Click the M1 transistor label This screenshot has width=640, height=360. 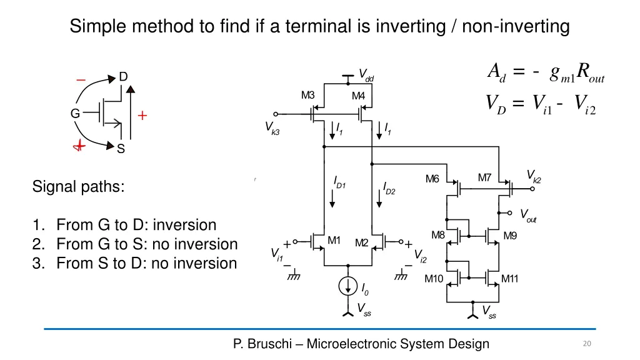click(x=334, y=241)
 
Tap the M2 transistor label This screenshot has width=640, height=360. click(x=362, y=243)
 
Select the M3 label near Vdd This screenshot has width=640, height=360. click(x=307, y=95)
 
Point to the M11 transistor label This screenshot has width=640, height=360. click(x=510, y=279)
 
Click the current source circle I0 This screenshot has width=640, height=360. click(x=347, y=286)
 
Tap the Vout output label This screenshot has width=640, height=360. click(x=528, y=215)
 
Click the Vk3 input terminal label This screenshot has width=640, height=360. click(x=272, y=128)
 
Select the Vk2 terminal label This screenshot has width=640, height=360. click(x=534, y=176)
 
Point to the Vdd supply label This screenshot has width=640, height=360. click(x=366, y=75)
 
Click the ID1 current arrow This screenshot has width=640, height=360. click(x=332, y=198)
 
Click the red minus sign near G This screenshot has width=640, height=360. click(x=81, y=80)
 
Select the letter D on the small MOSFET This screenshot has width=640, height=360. click(x=123, y=77)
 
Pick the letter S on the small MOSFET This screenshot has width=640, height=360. click(x=121, y=149)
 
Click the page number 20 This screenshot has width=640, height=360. click(x=587, y=344)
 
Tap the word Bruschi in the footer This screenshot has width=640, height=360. click(x=269, y=344)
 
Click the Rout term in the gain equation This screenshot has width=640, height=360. click(x=591, y=73)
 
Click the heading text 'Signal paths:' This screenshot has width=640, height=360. click(x=78, y=187)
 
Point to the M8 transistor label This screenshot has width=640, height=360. click(x=438, y=235)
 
